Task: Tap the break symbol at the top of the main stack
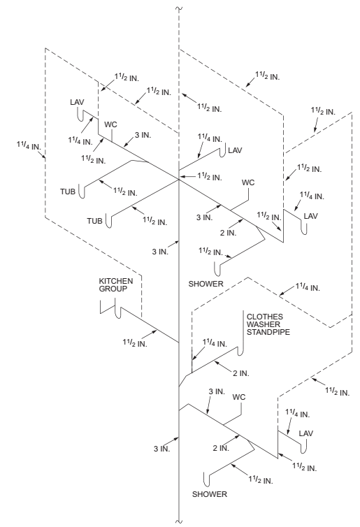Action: point(180,8)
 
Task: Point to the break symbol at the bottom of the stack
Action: point(180,520)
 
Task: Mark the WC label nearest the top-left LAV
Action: point(110,124)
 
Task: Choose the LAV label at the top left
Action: point(77,102)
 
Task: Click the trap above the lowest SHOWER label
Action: point(206,479)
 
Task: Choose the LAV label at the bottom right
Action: point(306,433)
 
